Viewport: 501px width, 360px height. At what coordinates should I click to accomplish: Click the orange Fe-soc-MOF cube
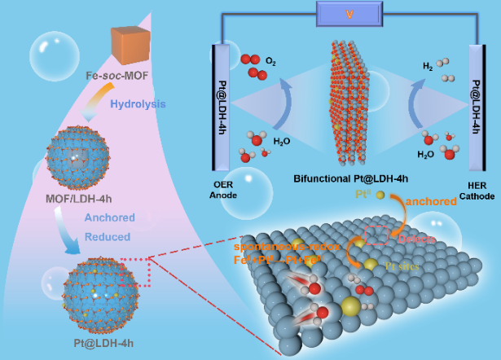[x=130, y=44]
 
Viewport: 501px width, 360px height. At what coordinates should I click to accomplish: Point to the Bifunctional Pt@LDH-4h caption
[x=350, y=178]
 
